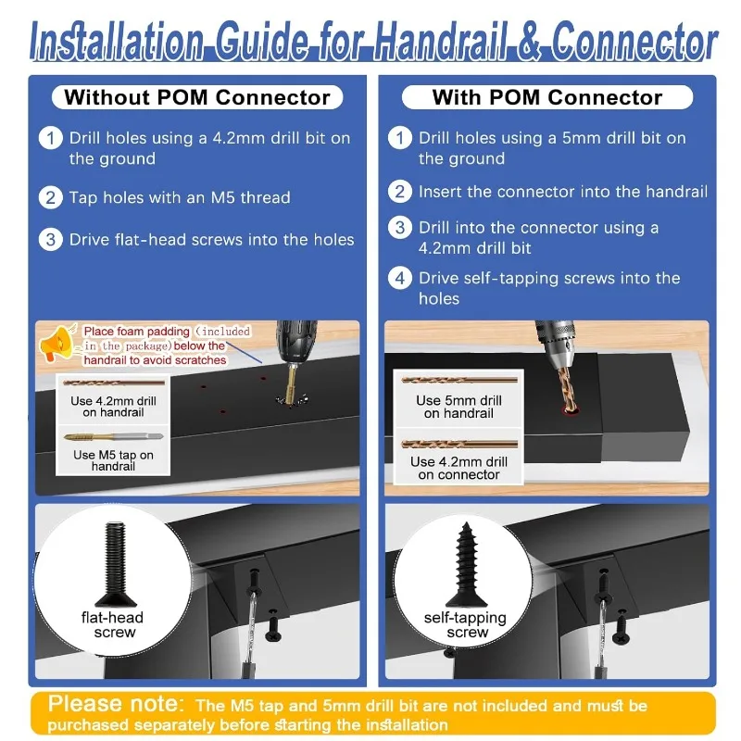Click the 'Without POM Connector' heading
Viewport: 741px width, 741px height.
197,97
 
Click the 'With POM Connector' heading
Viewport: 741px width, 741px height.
547,97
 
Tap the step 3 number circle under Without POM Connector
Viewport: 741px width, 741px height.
51,240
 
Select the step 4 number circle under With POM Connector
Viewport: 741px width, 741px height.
400,279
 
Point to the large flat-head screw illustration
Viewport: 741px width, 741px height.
115,564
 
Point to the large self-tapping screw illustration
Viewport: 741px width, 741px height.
467,564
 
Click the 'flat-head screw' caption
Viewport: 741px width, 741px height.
112,624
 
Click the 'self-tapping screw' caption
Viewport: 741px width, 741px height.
466,624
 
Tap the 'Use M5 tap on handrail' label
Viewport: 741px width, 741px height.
113,460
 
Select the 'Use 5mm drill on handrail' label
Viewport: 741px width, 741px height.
458,407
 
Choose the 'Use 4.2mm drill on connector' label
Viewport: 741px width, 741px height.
458,468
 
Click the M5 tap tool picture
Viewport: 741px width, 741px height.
113,437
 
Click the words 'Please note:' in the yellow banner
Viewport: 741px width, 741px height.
116,703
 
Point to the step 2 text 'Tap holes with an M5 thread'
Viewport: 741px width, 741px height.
180,197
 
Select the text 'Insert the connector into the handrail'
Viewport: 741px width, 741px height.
563,192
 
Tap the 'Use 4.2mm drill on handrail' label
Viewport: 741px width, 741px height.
113,407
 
